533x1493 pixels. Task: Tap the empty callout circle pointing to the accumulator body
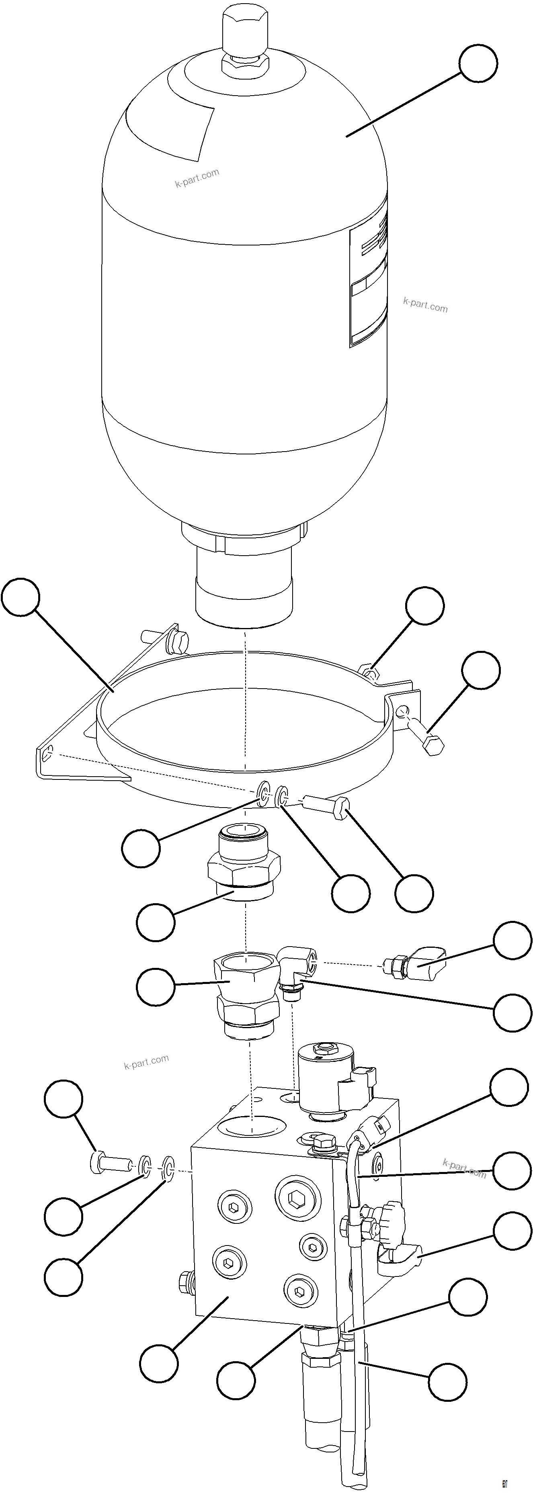[x=478, y=64]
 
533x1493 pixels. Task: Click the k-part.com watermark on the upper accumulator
[x=197, y=178]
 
